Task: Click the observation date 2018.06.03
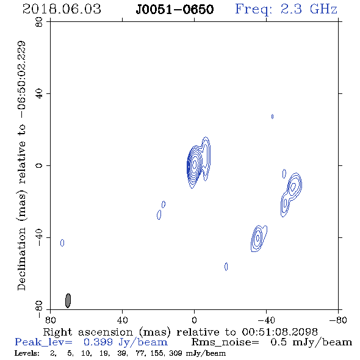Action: coord(62,9)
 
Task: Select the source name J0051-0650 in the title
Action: coord(175,10)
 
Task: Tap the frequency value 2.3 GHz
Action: coord(309,9)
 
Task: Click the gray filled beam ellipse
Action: coord(68,300)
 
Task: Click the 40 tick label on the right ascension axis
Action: coord(122,320)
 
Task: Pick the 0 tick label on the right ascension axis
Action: coord(194,320)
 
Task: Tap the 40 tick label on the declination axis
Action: coord(39,94)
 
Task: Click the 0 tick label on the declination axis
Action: coord(39,165)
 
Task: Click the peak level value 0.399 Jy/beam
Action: coord(125,342)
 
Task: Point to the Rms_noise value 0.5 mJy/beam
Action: coord(311,342)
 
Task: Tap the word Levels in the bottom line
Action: coord(27,353)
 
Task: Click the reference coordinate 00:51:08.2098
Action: coord(280,332)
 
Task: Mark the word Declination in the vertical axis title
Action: coord(21,259)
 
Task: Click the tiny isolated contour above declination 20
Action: coord(272,117)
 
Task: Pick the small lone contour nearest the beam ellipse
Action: coord(62,243)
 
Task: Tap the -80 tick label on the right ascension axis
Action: coord(338,320)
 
